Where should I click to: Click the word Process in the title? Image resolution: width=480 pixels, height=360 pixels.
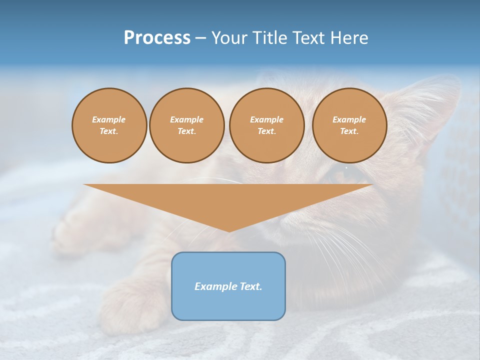[x=157, y=37]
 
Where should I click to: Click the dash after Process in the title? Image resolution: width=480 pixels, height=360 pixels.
[x=200, y=38]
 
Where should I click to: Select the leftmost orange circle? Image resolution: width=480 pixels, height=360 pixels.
[x=109, y=125]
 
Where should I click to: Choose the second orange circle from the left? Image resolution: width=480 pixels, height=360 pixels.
[x=187, y=125]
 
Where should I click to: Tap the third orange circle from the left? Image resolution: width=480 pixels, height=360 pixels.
[x=267, y=125]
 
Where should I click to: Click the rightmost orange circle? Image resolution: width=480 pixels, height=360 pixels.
[x=349, y=125]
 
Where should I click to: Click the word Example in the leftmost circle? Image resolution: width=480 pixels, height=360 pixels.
[x=109, y=119]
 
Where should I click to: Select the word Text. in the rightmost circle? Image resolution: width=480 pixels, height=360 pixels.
[x=349, y=131]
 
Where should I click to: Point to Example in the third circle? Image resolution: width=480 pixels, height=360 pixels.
[x=267, y=119]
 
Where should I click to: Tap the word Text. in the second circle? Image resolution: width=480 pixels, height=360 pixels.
[x=187, y=131]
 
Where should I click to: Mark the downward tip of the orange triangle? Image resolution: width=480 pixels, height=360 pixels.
[x=228, y=231]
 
